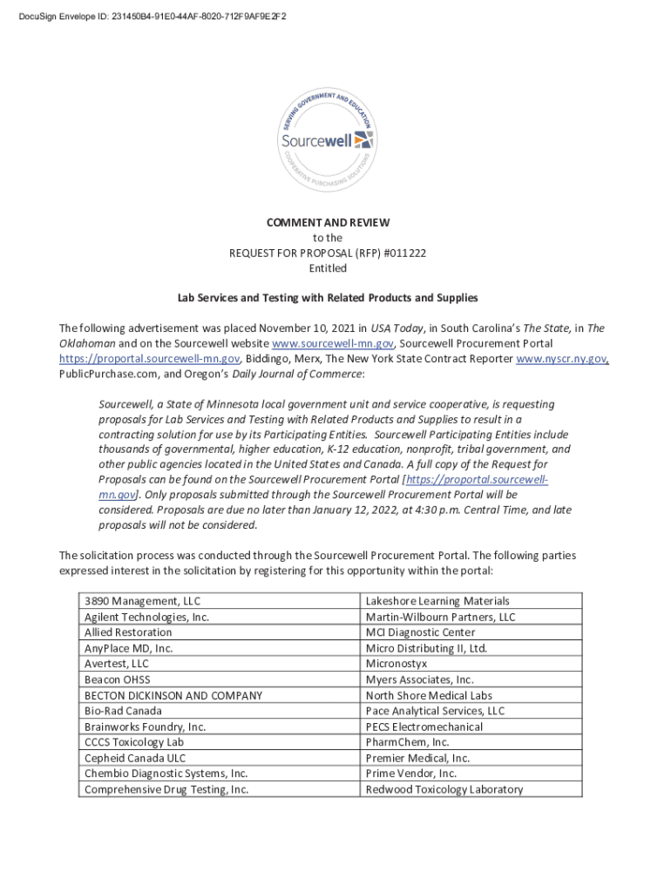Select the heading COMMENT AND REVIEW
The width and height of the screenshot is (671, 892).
pyautogui.click(x=328, y=223)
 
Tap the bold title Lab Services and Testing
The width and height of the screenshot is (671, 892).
pyautogui.click(x=328, y=298)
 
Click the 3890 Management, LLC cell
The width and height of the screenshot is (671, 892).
pyautogui.click(x=142, y=601)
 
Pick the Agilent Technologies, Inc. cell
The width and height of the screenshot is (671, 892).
pyautogui.click(x=146, y=617)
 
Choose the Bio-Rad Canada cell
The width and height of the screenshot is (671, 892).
pyautogui.click(x=123, y=711)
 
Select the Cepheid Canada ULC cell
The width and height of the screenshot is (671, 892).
pyautogui.click(x=135, y=758)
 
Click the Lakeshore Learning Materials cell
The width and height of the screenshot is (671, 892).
pyautogui.click(x=437, y=601)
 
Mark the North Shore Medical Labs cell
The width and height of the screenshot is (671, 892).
pyautogui.click(x=429, y=695)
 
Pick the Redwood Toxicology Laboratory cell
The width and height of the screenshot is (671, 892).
pyautogui.click(x=444, y=789)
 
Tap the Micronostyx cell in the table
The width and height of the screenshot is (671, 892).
pyautogui.click(x=396, y=664)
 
